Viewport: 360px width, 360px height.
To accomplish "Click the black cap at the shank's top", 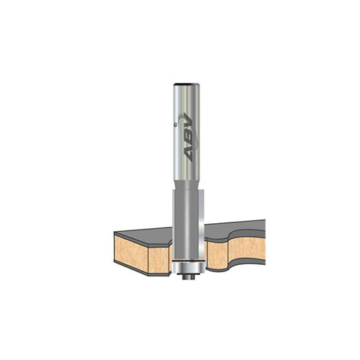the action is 186,84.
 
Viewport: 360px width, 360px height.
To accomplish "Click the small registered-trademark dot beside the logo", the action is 176,124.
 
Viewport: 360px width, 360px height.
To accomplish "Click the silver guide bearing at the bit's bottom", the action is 189,267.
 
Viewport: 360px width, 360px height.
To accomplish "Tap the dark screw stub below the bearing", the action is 189,276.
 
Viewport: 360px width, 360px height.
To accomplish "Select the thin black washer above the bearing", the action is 189,260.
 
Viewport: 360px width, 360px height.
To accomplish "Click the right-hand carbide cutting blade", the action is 202,225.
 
